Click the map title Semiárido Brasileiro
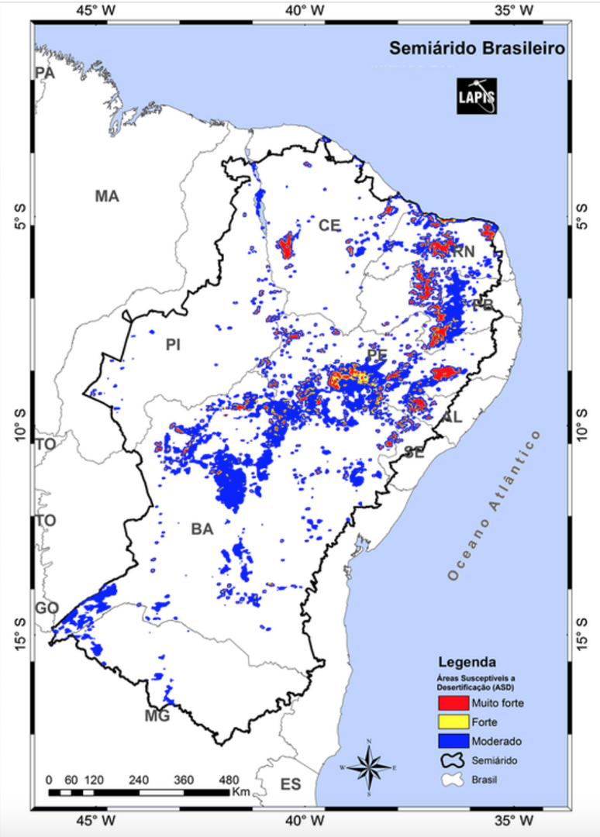[477, 49]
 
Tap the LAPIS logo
[477, 96]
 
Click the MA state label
[107, 196]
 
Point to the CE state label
[329, 226]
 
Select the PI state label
[172, 345]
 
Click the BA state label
[202, 529]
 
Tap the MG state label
[157, 715]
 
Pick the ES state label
[291, 785]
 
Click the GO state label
[47, 608]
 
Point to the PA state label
[45, 73]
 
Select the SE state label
[413, 453]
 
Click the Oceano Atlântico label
[493, 504]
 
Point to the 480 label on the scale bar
[229, 780]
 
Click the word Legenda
[467, 663]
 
